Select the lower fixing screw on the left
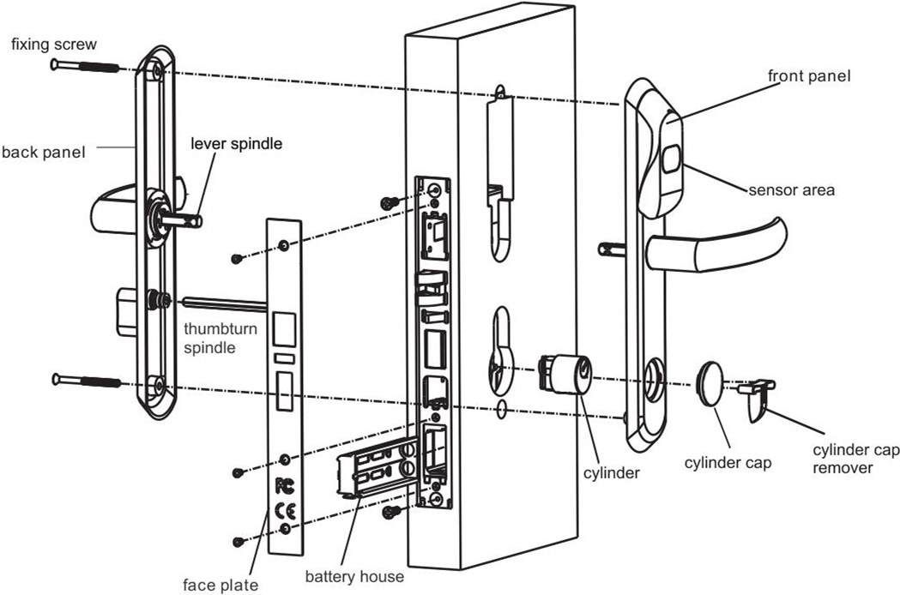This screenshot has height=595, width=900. (83, 379)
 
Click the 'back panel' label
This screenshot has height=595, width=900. (43, 153)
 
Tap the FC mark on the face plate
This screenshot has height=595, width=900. (284, 485)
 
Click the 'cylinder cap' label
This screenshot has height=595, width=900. (728, 463)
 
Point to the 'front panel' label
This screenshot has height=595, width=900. (809, 75)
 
